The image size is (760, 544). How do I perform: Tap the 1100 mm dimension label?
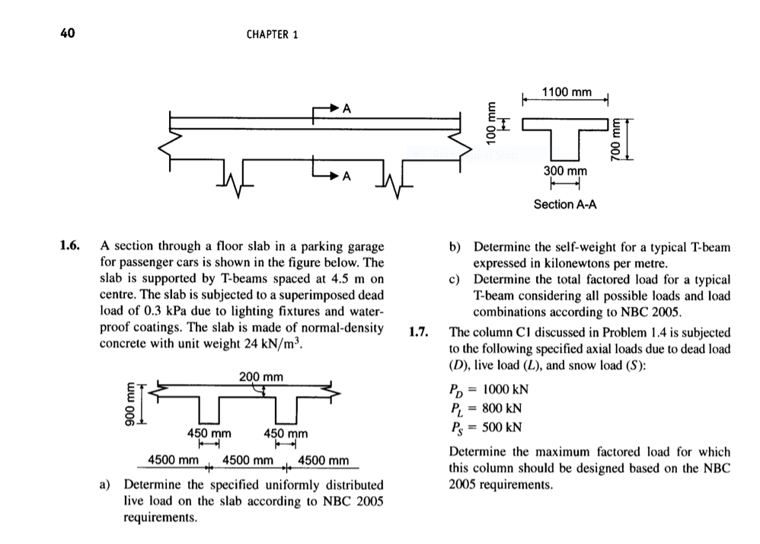click(566, 92)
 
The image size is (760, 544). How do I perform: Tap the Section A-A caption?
click(565, 204)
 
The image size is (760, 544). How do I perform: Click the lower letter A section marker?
click(346, 177)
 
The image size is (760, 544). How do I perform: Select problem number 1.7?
click(420, 332)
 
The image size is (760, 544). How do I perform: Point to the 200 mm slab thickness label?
click(260, 376)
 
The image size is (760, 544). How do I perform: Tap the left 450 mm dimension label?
click(209, 434)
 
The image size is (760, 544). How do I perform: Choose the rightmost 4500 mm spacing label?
click(324, 460)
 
